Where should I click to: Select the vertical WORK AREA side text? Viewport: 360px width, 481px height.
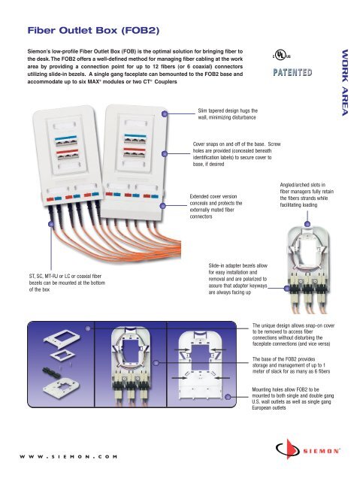346,83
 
